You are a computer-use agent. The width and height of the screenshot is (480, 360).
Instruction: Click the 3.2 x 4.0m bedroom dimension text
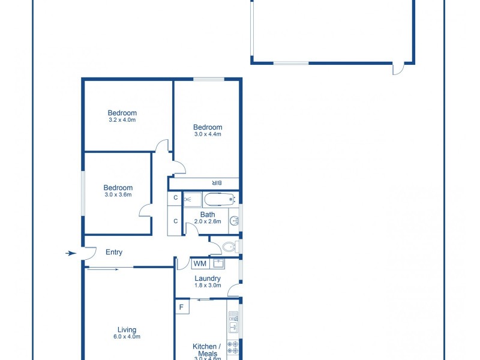[122, 120]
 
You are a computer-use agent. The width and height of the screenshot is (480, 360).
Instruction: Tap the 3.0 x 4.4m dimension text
[208, 134]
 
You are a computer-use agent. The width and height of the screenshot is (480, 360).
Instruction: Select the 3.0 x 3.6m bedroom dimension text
[118, 195]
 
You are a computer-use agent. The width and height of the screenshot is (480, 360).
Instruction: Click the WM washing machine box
[200, 263]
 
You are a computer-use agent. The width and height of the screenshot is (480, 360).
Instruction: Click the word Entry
[114, 253]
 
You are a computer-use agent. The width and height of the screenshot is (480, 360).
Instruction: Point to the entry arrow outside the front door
[71, 253]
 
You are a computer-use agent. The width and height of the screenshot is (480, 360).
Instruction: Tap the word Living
[127, 329]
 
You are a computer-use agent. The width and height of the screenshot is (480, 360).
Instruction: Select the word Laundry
[208, 278]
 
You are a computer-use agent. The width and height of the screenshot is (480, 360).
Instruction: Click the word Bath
[208, 215]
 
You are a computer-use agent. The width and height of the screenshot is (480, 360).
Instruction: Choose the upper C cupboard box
[175, 198]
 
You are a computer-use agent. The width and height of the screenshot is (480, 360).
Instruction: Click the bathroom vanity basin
[235, 221]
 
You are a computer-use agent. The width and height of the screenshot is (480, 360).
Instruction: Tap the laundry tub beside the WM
[218, 263]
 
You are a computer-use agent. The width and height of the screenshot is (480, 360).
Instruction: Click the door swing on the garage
[398, 69]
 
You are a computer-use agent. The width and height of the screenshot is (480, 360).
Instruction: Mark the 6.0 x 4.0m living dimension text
[127, 337]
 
